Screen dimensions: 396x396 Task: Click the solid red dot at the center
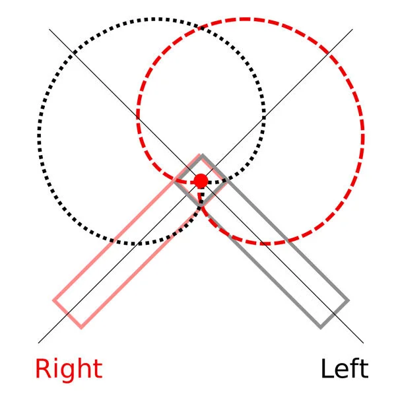201,181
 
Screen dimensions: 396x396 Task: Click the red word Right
69,369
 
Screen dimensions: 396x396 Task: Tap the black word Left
344,369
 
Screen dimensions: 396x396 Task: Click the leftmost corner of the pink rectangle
53,302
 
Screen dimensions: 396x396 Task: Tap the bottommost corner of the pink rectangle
80,327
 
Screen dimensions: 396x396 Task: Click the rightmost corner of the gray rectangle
347,302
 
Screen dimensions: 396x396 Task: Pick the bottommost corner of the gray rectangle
321,327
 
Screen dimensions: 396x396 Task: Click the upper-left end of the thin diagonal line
49,29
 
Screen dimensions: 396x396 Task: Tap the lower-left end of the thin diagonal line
38,343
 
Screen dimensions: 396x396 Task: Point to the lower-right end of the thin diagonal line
364,343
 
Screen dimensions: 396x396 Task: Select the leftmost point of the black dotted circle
38,132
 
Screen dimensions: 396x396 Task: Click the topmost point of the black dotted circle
151,19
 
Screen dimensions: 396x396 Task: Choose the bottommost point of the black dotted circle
151,244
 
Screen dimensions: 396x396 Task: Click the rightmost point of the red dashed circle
363,132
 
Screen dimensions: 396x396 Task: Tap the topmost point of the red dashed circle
250,19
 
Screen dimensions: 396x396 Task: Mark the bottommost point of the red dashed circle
250,244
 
